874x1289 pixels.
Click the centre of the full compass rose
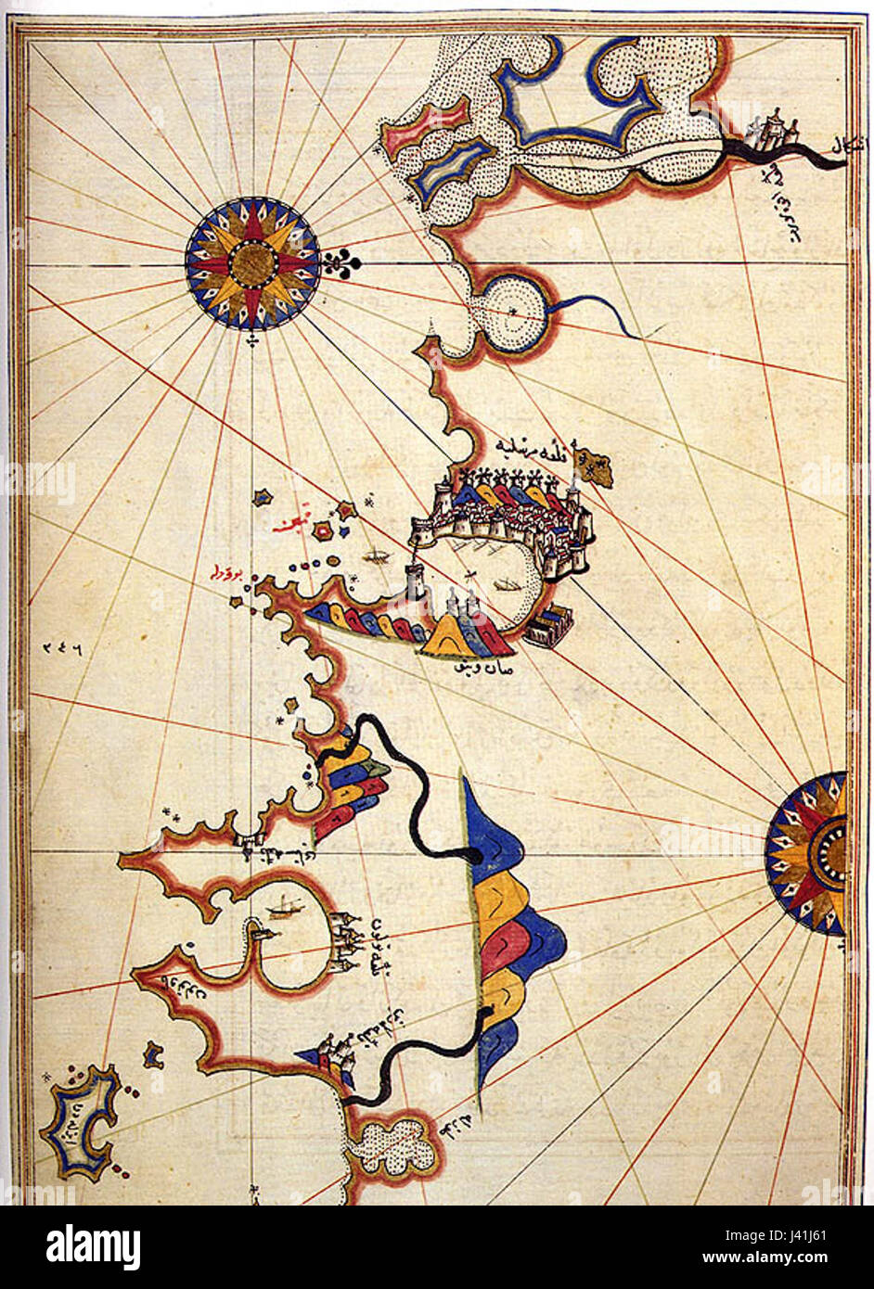click(252, 263)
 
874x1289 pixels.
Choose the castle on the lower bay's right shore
click(346, 941)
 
